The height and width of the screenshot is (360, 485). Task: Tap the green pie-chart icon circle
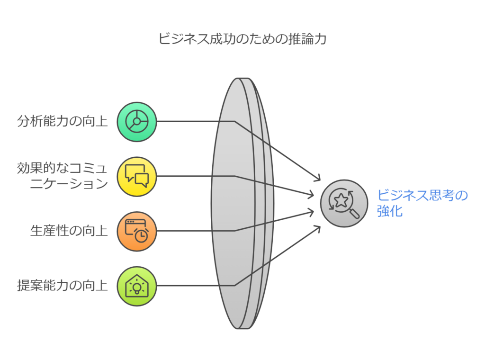pyautogui.click(x=137, y=122)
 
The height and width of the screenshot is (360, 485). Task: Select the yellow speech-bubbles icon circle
pyautogui.click(x=137, y=176)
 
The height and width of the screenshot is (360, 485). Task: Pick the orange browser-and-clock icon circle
pyautogui.click(x=137, y=231)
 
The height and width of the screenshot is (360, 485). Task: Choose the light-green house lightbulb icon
pyautogui.click(x=137, y=286)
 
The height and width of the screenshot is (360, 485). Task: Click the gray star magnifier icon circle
pyautogui.click(x=344, y=203)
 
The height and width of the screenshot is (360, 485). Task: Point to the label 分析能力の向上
pyautogui.click(x=63, y=122)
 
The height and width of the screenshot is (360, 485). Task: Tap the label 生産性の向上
pyautogui.click(x=69, y=231)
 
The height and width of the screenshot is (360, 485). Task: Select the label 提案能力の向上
pyautogui.click(x=63, y=286)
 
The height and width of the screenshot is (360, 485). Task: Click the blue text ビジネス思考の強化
pyautogui.click(x=422, y=203)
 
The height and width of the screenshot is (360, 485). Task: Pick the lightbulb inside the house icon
pyautogui.click(x=137, y=287)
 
